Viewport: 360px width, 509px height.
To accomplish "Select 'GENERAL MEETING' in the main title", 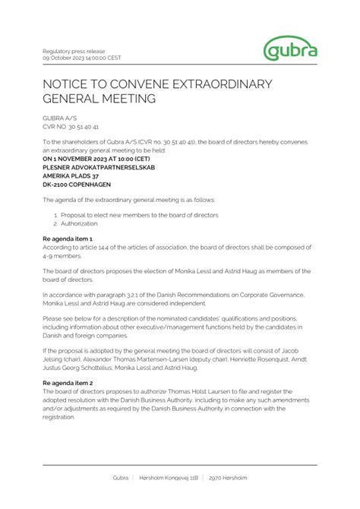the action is (x=99, y=99).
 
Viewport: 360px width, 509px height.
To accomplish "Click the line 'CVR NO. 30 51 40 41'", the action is (x=71, y=128).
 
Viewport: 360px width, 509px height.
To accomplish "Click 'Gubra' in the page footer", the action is (x=120, y=477).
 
